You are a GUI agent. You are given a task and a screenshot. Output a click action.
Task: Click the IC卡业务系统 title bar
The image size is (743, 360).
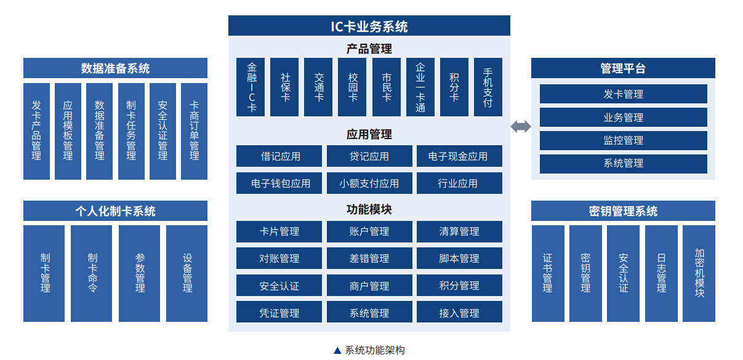(x=369, y=26)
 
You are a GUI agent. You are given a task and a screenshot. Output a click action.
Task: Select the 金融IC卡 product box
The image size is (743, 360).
(x=251, y=87)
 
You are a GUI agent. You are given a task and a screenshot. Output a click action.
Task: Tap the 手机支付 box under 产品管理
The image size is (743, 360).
(x=488, y=87)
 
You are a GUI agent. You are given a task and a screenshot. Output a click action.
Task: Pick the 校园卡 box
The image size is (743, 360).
(x=352, y=87)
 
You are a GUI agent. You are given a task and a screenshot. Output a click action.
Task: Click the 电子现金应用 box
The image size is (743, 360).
(x=459, y=156)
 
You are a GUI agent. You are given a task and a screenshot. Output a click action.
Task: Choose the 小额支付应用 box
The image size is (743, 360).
(x=369, y=183)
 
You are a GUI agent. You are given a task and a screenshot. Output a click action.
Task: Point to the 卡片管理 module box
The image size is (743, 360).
(x=279, y=231)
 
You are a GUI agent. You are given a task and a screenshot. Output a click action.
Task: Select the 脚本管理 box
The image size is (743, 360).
(x=459, y=258)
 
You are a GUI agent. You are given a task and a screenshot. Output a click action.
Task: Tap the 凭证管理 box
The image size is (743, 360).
(x=279, y=313)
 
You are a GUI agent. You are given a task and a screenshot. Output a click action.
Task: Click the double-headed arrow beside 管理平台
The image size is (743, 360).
(x=521, y=127)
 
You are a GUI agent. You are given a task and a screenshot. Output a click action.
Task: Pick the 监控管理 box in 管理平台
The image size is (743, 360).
(x=623, y=140)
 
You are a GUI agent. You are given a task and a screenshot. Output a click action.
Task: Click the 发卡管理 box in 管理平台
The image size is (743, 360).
(x=623, y=94)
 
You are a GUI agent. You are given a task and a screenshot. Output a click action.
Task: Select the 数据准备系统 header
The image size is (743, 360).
(x=115, y=68)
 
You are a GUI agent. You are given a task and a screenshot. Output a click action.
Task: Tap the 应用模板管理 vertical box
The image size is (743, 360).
(x=68, y=131)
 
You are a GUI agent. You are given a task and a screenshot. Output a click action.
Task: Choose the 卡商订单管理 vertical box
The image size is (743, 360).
(x=194, y=131)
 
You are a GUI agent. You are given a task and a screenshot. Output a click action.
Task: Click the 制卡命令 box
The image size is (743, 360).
(x=92, y=273)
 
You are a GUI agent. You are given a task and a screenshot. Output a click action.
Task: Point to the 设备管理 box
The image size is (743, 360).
(x=187, y=273)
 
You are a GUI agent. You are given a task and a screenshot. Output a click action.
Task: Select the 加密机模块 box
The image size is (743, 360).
(x=699, y=273)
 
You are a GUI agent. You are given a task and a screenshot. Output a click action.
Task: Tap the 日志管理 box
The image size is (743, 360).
(x=661, y=273)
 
